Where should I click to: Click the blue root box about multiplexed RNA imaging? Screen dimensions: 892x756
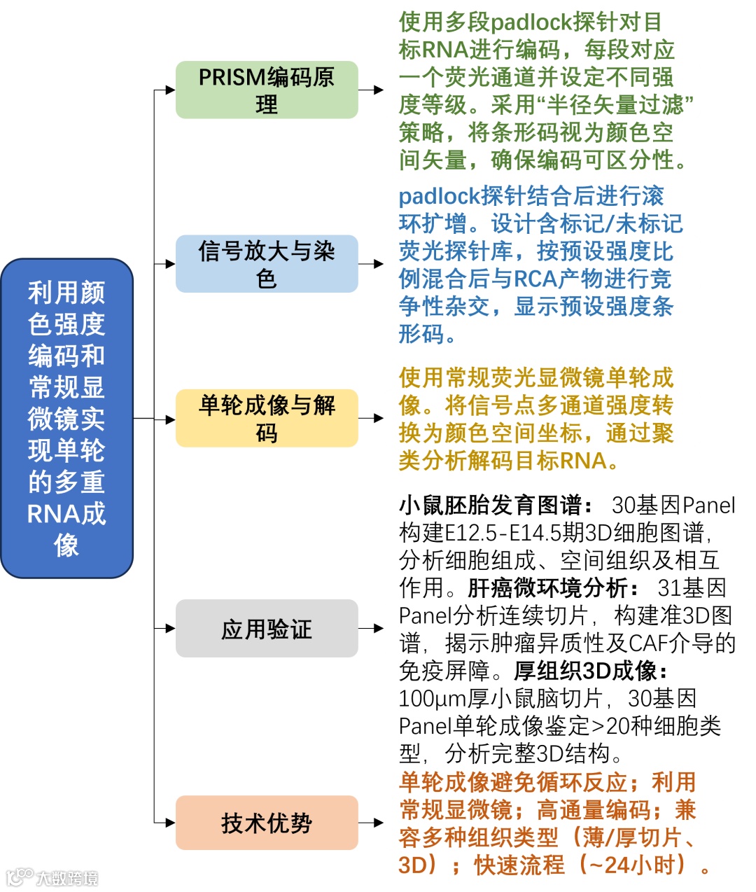point(66,418)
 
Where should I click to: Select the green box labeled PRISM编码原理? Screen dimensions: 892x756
point(266,90)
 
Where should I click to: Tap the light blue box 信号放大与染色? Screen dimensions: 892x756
point(266,264)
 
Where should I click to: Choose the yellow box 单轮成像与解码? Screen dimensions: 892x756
point(266,418)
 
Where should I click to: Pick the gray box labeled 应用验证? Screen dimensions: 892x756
point(266,629)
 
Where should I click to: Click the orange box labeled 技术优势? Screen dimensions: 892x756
point(266,823)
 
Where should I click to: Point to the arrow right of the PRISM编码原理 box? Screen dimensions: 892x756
point(372,90)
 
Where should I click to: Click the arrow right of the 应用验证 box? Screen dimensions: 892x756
point(372,628)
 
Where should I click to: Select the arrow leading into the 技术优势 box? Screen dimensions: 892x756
point(165,822)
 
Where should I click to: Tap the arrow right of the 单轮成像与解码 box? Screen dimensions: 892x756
point(372,418)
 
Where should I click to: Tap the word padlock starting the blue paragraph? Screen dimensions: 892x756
point(438,196)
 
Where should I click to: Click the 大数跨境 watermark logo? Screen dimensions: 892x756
point(52,877)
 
